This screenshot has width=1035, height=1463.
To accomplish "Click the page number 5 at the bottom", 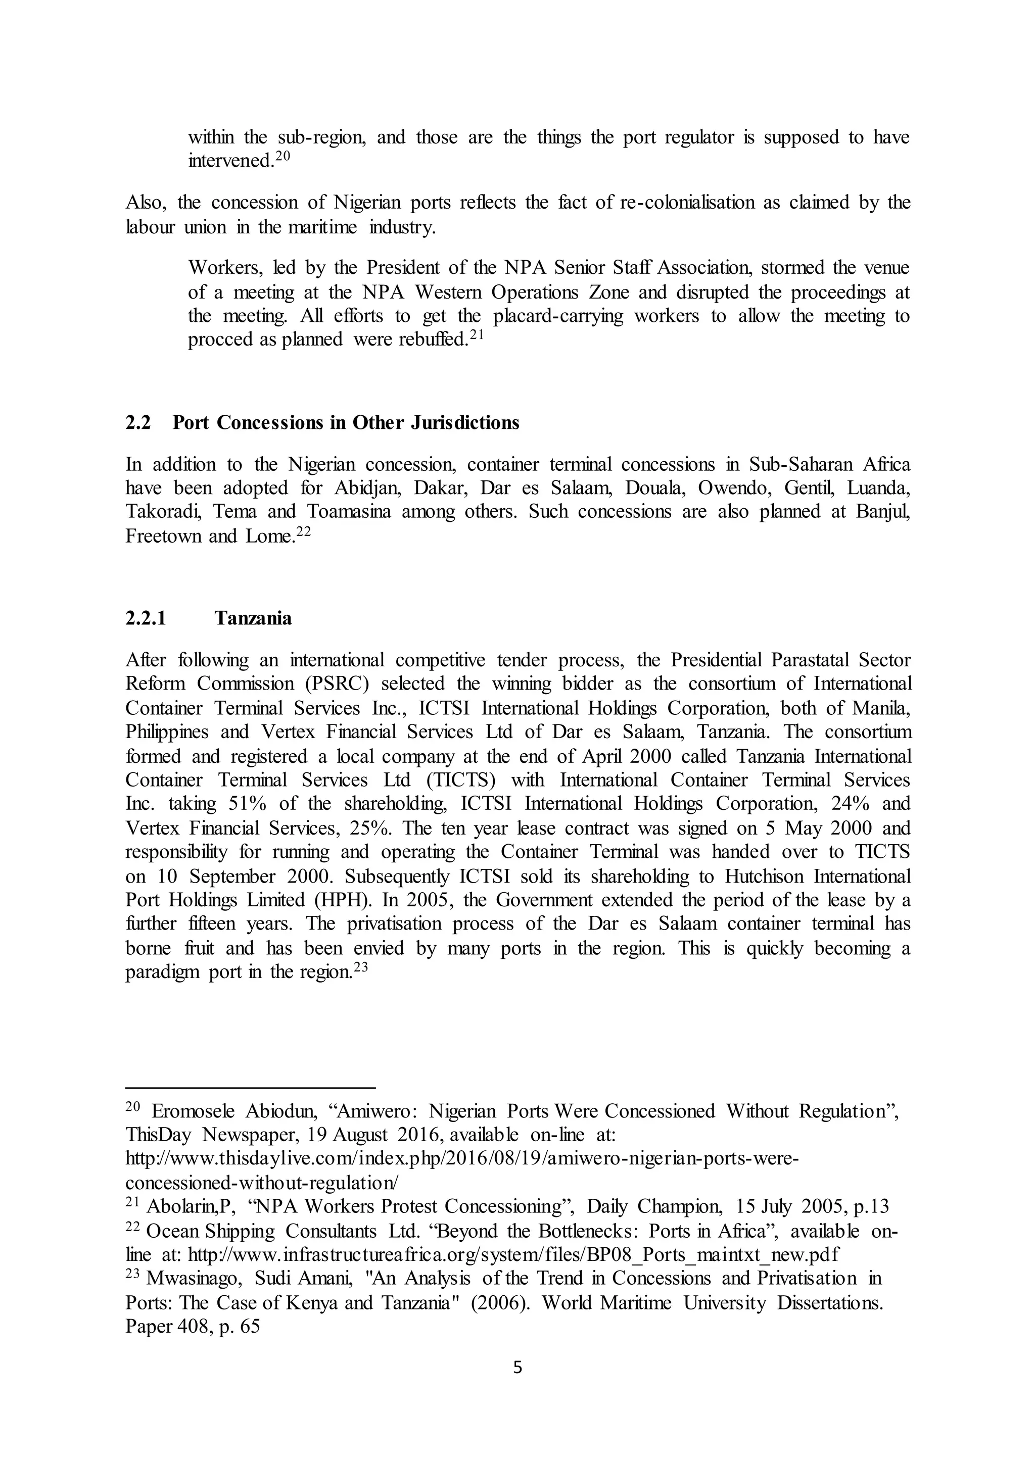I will point(517,1368).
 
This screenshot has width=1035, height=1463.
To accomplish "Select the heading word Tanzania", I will point(253,618).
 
